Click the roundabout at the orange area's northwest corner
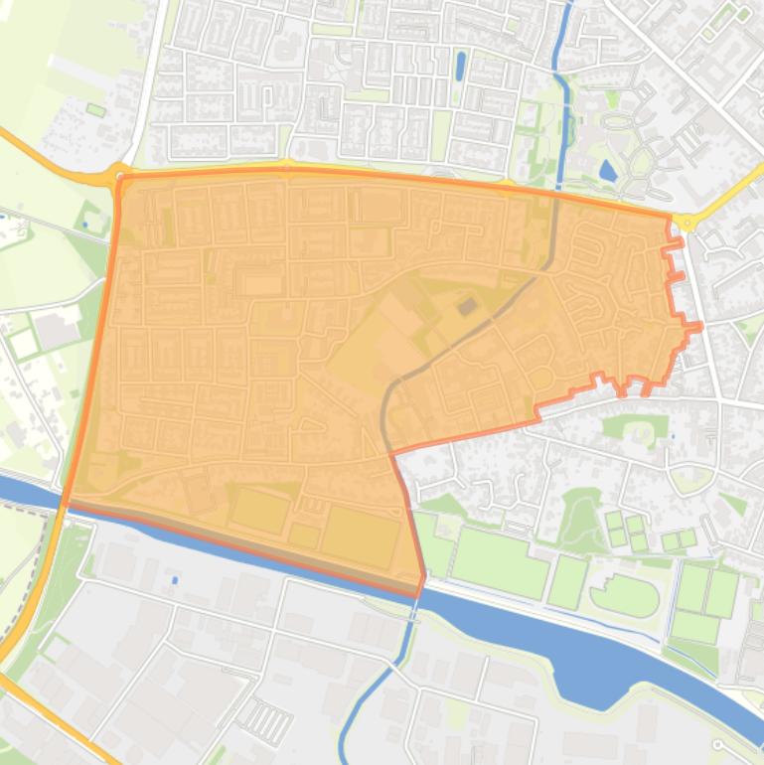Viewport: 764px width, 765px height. click(x=121, y=175)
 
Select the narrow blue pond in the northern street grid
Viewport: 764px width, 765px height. click(x=459, y=67)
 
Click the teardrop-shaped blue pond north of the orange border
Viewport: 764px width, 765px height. click(x=607, y=170)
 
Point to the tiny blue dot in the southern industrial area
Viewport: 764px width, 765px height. click(x=175, y=579)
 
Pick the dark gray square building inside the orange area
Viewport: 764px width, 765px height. click(x=466, y=307)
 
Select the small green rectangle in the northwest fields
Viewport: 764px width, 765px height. click(x=95, y=109)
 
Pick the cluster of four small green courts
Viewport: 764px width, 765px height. click(x=626, y=531)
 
